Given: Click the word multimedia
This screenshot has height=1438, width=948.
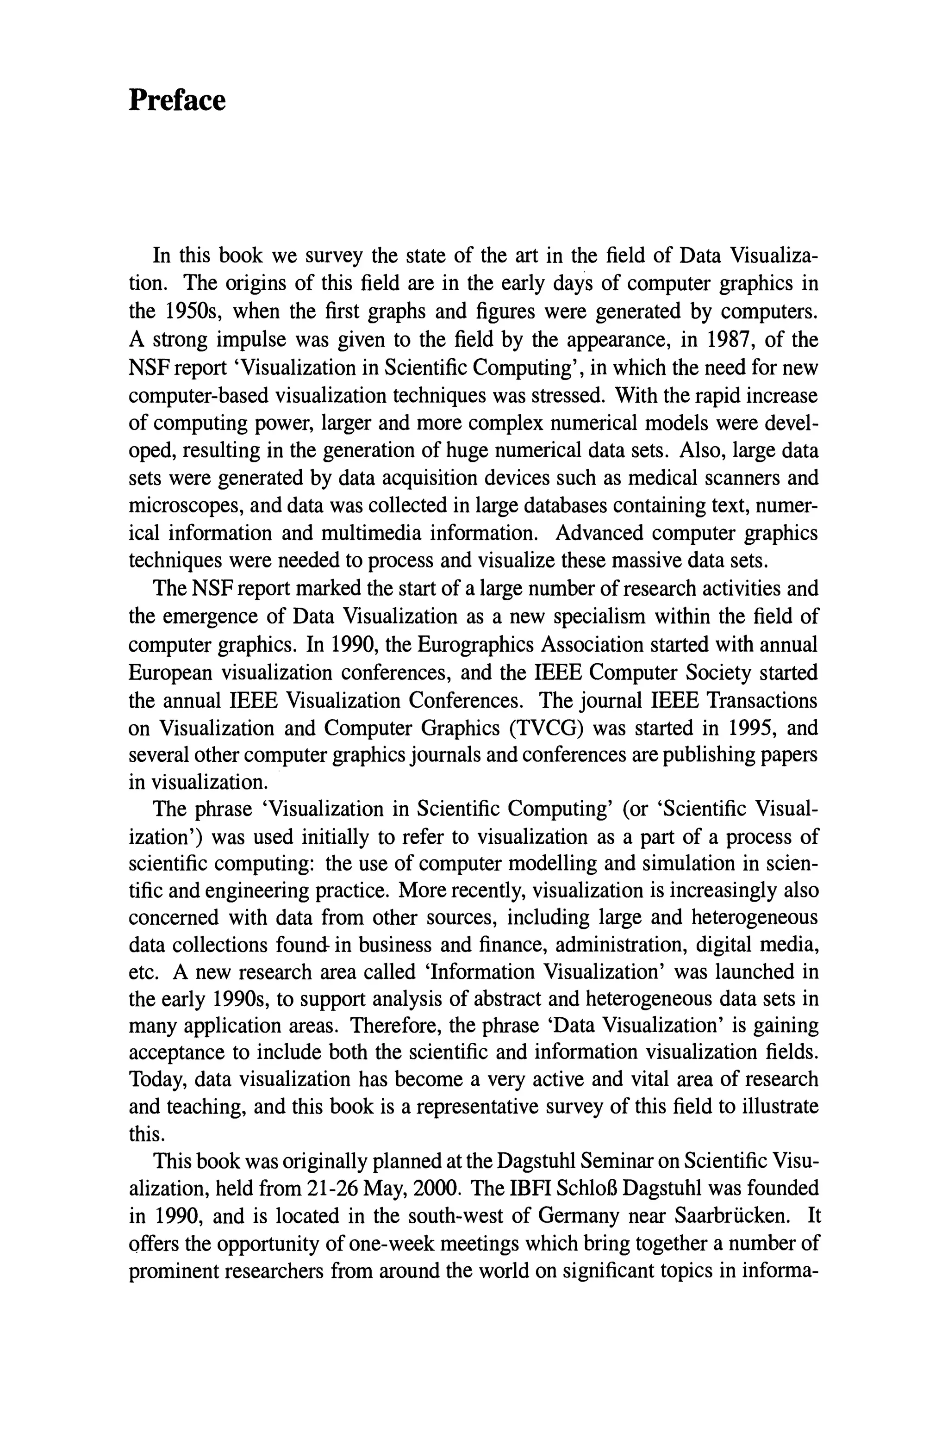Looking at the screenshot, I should [368, 534].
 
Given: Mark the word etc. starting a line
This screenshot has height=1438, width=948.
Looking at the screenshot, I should [143, 972].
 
